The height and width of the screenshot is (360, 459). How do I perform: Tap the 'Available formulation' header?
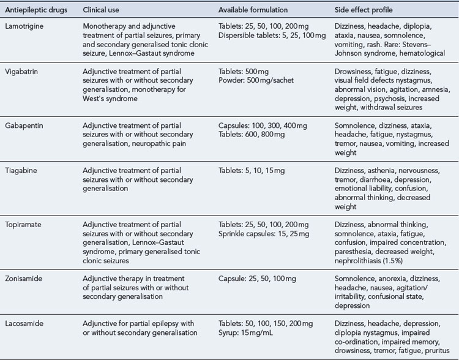pyautogui.click(x=253, y=11)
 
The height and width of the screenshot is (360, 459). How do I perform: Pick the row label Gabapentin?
pyautogui.click(x=23, y=125)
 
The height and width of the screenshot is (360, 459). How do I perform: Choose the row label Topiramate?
pyautogui.click(x=23, y=224)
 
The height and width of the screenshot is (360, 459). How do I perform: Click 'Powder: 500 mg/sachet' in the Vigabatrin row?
pyautogui.click(x=257, y=80)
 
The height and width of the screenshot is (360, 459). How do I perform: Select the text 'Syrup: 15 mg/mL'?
pyautogui.click(x=248, y=332)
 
